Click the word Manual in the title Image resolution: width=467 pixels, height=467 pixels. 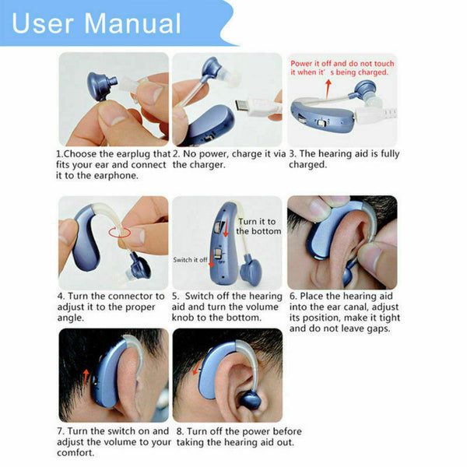pos(133,23)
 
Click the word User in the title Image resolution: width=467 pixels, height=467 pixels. pos(46,23)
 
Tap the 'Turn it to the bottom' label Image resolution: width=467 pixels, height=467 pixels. pos(258,226)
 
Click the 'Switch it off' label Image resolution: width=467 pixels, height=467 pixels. pos(191,259)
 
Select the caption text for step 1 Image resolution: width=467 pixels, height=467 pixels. pos(112,164)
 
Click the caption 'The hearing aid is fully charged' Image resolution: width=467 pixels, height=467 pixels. pos(343,159)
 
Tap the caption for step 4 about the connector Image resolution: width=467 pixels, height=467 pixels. pos(110,307)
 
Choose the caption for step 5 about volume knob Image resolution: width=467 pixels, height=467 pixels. pos(226,307)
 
